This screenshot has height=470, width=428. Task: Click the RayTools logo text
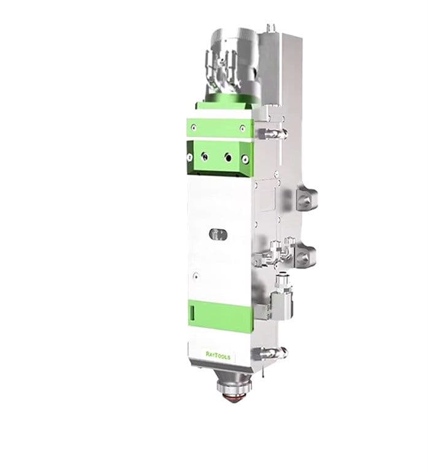pos(218,354)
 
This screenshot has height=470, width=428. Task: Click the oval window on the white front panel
pos(218,234)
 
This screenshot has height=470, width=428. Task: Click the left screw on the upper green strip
pos(194,128)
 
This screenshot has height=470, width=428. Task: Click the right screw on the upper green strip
pos(242,129)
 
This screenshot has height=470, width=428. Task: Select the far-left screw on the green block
pos(190,157)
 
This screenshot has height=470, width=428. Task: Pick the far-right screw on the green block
pos(245,159)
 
